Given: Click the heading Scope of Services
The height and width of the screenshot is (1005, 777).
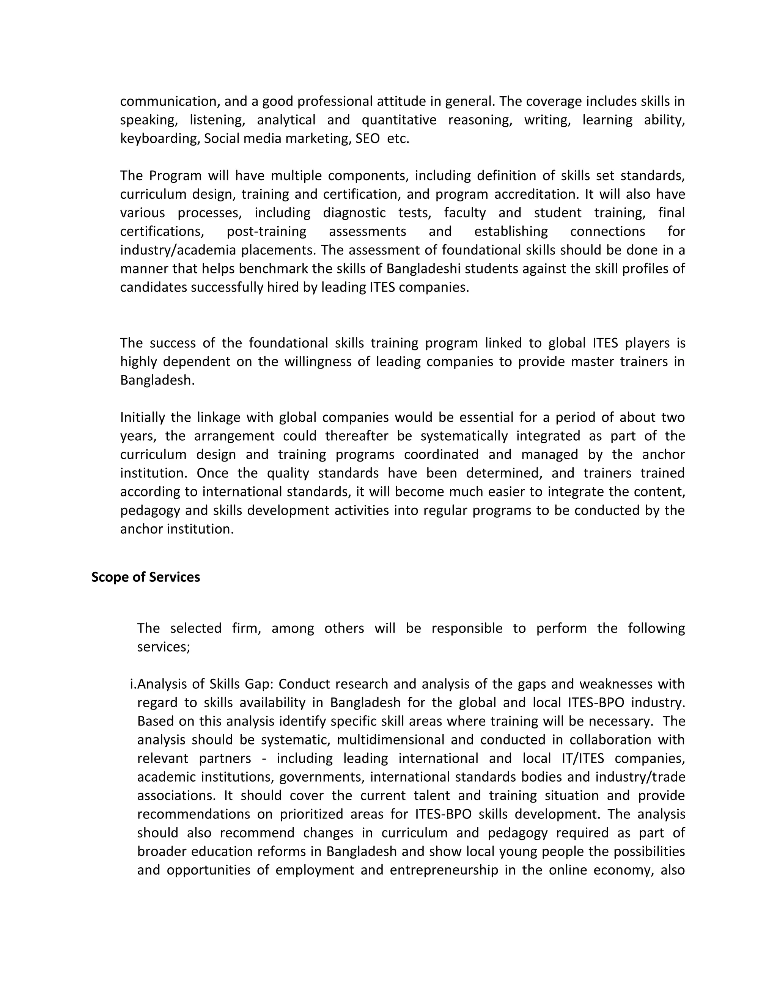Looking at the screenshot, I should pos(145,577).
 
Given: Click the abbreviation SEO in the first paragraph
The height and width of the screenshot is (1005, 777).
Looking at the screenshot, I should pos(367,138).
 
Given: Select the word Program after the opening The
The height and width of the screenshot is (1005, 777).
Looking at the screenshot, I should pos(175,176).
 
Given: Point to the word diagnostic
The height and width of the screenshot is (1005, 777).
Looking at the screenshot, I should pos(354,213).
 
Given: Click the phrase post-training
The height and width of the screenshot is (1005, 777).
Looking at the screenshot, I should pos(266,231).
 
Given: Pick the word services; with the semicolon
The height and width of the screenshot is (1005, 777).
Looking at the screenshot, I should pos(164,647).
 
